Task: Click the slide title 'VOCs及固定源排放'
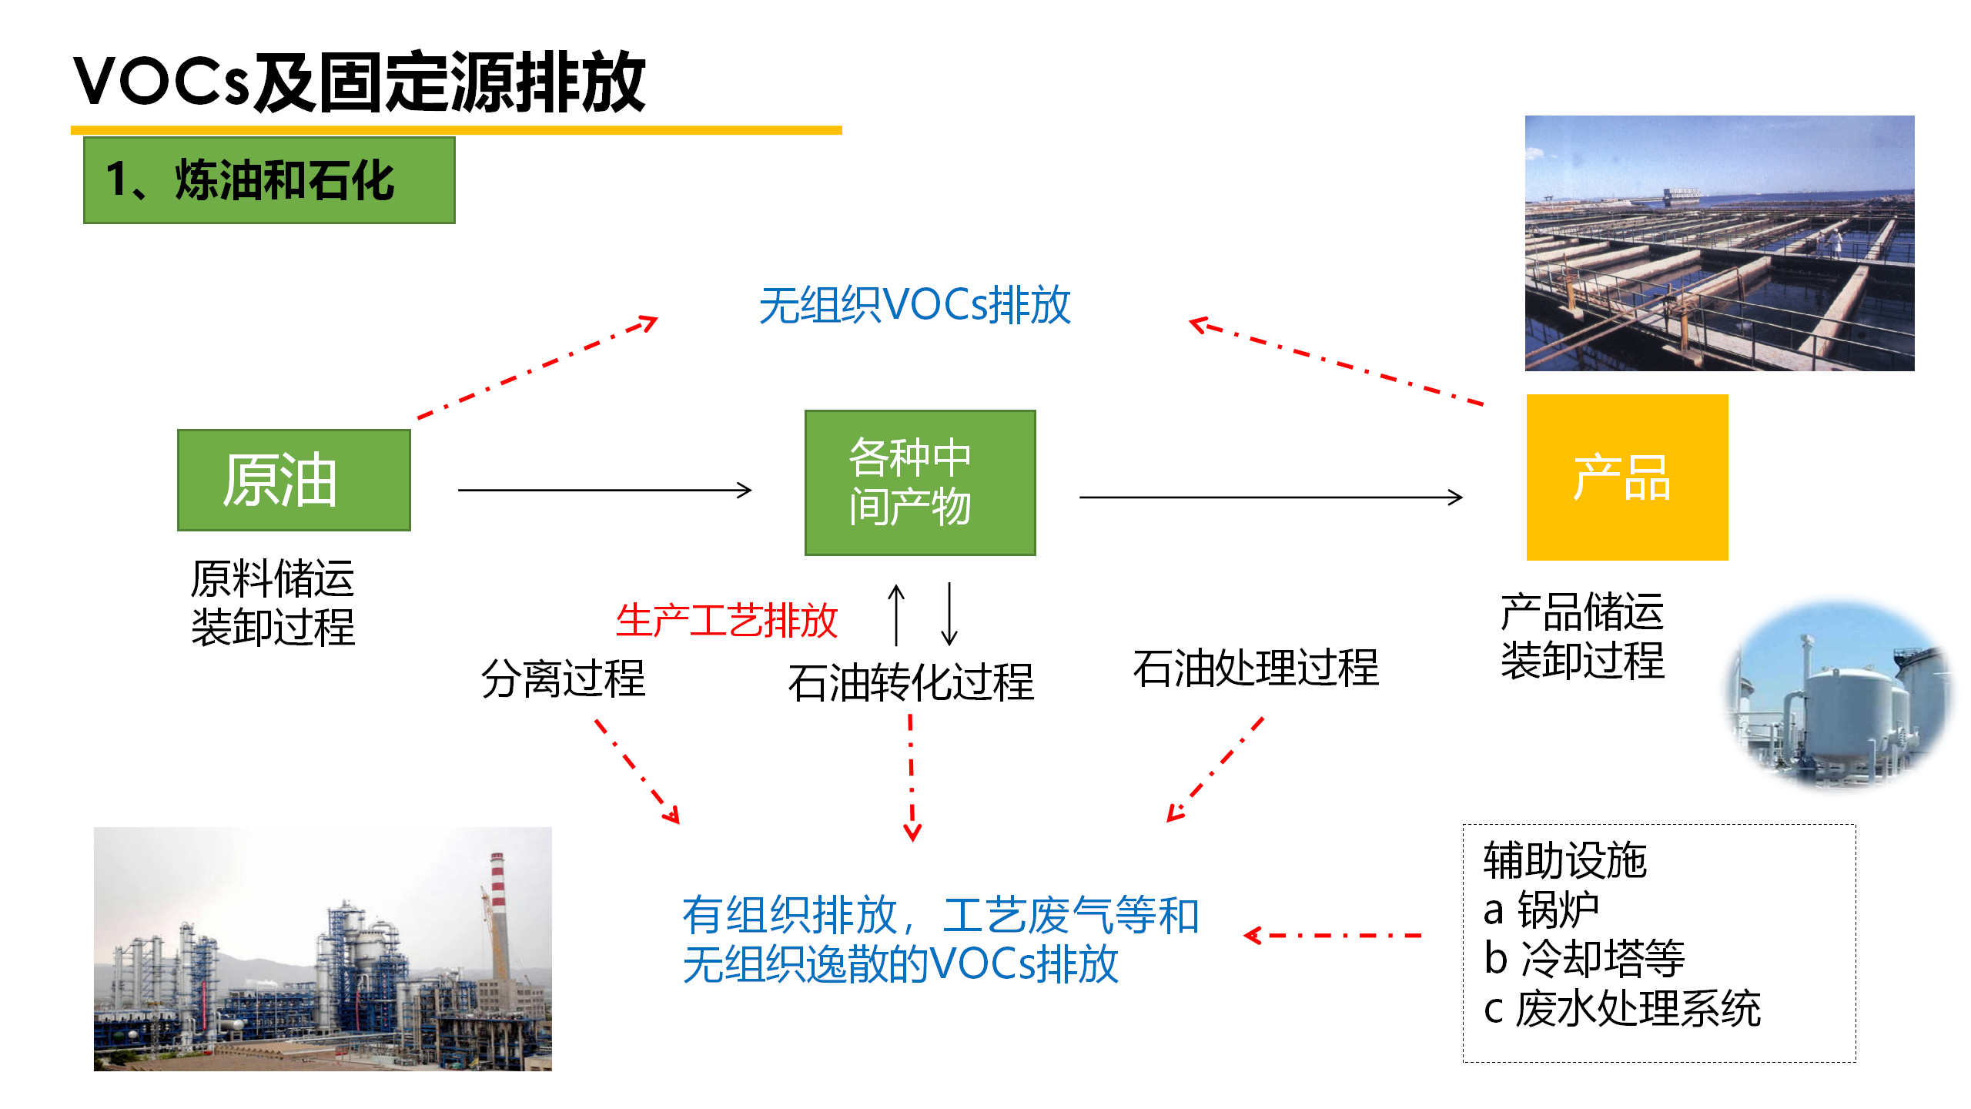(360, 82)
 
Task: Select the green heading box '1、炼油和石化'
(269, 180)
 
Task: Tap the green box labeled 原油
(294, 480)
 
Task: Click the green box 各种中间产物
(920, 483)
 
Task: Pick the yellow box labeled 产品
(1628, 477)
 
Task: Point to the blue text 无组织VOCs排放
(915, 305)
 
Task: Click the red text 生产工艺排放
(726, 620)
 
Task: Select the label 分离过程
(563, 678)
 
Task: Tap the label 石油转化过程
(911, 682)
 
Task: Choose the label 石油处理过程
(1256, 668)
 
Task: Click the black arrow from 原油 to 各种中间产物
(605, 490)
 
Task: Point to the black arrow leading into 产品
(1271, 498)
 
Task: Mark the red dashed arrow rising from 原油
(537, 367)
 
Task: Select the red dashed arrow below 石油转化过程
(912, 778)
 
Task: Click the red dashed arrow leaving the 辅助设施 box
(1333, 936)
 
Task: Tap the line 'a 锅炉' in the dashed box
(1541, 910)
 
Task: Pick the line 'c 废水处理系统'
(1622, 1008)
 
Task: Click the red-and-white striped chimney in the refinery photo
(499, 909)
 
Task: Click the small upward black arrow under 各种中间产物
(896, 615)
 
